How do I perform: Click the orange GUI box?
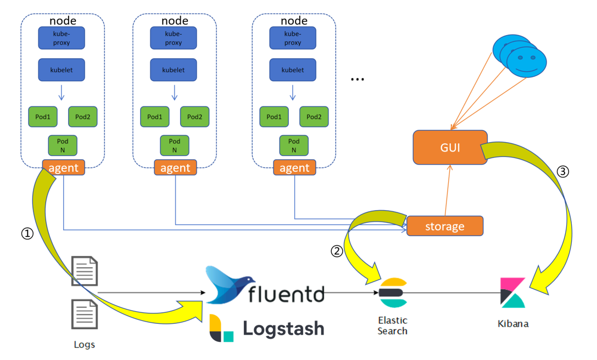click(450, 147)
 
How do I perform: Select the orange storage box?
click(445, 226)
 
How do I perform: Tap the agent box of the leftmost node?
click(63, 167)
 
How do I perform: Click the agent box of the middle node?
click(175, 167)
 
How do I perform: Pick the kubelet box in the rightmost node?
click(293, 70)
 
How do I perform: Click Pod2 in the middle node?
click(194, 117)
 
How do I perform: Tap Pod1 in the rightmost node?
click(274, 117)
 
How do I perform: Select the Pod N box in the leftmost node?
click(63, 145)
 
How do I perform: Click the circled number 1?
click(27, 234)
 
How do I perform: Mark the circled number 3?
click(563, 171)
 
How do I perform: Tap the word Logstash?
click(283, 328)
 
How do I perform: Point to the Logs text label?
click(85, 345)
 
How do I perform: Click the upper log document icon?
click(85, 271)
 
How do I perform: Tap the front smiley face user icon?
click(527, 60)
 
